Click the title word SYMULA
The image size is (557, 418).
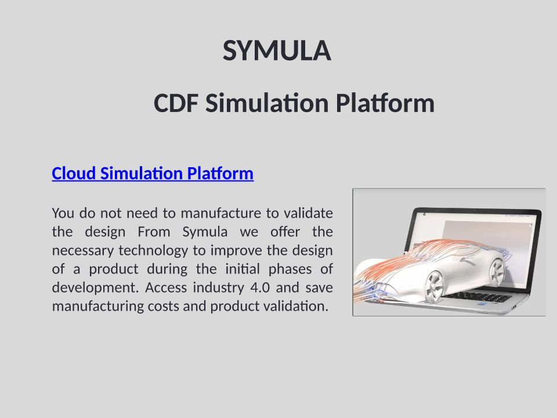pyautogui.click(x=277, y=51)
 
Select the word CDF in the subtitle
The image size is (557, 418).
pyautogui.click(x=176, y=103)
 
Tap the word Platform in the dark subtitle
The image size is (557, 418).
pyautogui.click(x=385, y=103)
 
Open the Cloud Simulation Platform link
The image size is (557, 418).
pyautogui.click(x=153, y=174)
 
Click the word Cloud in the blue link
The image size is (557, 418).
pyautogui.click(x=74, y=174)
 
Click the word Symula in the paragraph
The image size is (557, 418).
pyautogui.click(x=205, y=232)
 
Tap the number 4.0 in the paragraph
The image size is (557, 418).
pyautogui.click(x=260, y=287)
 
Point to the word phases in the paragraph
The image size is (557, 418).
pyautogui.click(x=290, y=269)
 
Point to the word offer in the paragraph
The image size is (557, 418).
pyautogui.click(x=285, y=232)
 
